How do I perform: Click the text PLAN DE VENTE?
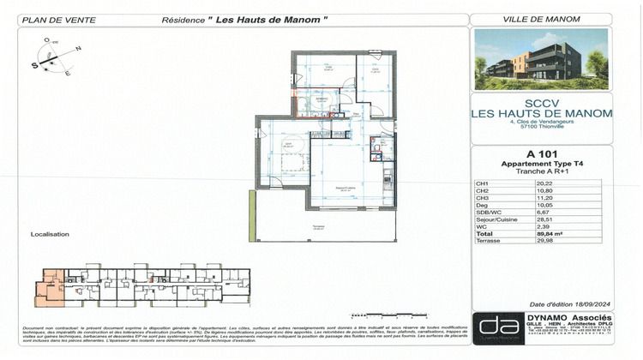coord(47,21)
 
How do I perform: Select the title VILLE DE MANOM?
coord(541,20)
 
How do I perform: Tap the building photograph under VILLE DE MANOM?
coord(541,59)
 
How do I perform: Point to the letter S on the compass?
coord(37,64)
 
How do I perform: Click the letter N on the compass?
coord(78,49)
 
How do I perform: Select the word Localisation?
coord(49,233)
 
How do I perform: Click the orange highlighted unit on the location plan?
coord(50,288)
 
